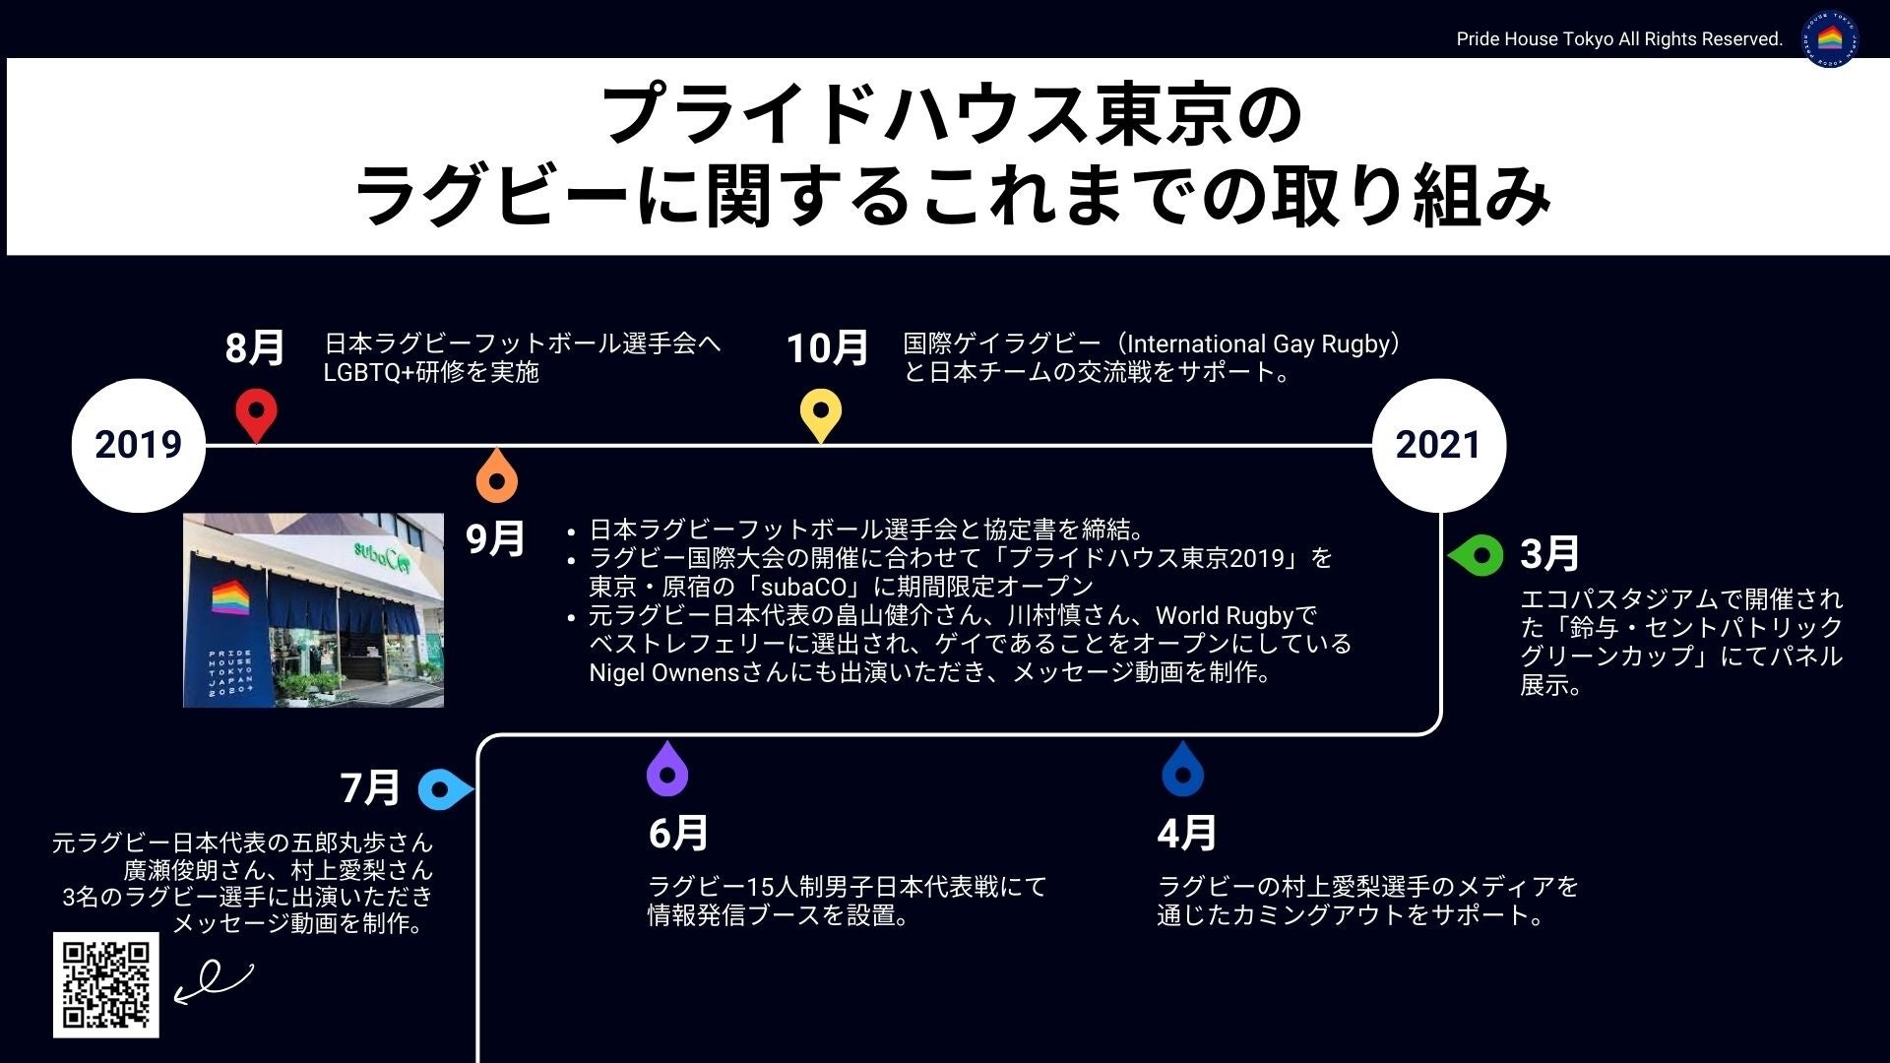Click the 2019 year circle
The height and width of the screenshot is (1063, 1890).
(x=139, y=445)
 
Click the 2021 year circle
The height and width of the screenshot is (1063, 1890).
(x=1438, y=445)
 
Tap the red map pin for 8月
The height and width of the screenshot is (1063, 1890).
(x=256, y=413)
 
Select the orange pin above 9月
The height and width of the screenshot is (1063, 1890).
(x=497, y=477)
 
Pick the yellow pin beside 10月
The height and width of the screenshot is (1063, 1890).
(x=821, y=413)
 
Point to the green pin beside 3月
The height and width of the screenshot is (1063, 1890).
(x=1478, y=556)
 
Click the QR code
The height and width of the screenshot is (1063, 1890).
(x=106, y=984)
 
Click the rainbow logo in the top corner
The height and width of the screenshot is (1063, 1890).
(x=1830, y=39)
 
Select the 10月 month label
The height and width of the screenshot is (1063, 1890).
(x=827, y=348)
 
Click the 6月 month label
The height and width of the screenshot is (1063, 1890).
(x=678, y=834)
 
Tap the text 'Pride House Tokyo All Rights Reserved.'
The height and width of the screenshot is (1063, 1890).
(x=1619, y=39)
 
